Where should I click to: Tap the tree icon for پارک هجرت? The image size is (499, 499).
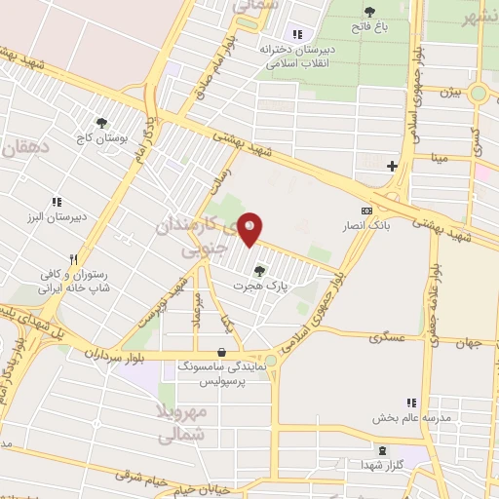[x=258, y=271]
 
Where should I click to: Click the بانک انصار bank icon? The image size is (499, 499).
[x=366, y=211]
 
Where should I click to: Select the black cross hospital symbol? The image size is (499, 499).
[x=392, y=167]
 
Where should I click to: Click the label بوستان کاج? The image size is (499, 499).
[x=100, y=139]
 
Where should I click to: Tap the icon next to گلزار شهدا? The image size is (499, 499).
[x=382, y=450]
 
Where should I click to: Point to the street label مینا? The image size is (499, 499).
[x=441, y=156]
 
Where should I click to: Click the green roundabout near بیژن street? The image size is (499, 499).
[x=478, y=95]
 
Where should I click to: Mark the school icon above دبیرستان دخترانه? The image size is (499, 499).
[x=297, y=34]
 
